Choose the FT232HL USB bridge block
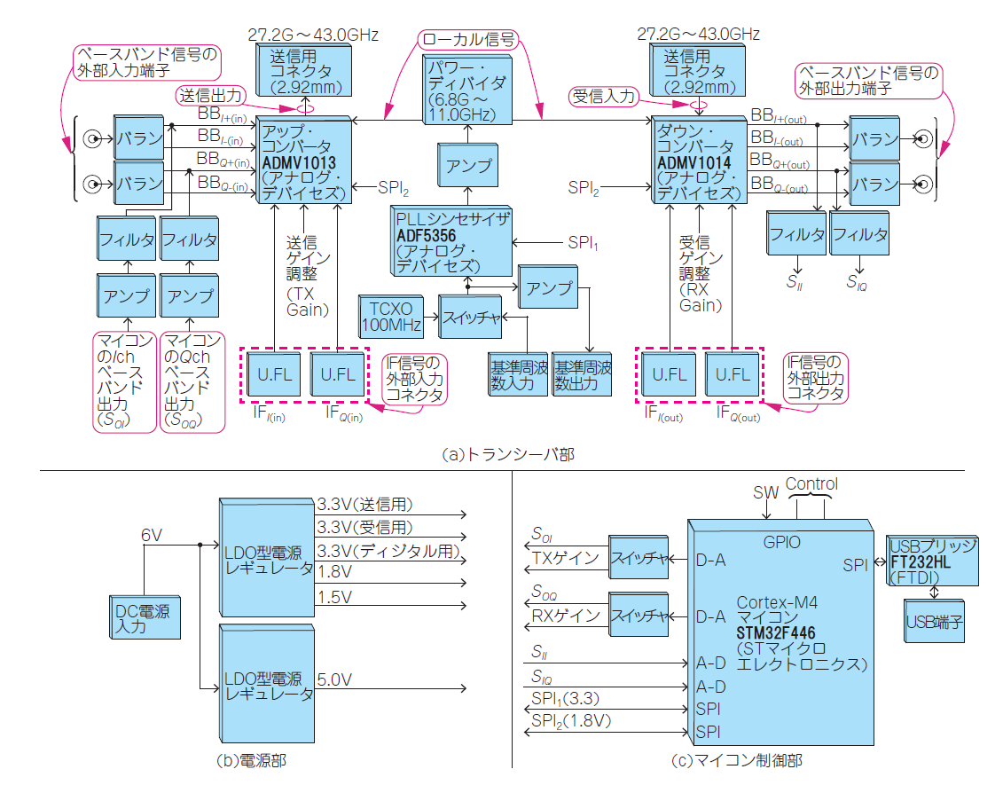(932, 560)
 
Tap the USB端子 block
(934, 622)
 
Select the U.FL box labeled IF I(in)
(275, 373)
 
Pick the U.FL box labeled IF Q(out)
(733, 373)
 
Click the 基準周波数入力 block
(517, 374)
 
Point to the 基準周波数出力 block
(581, 374)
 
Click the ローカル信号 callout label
(468, 39)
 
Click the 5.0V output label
(335, 679)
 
